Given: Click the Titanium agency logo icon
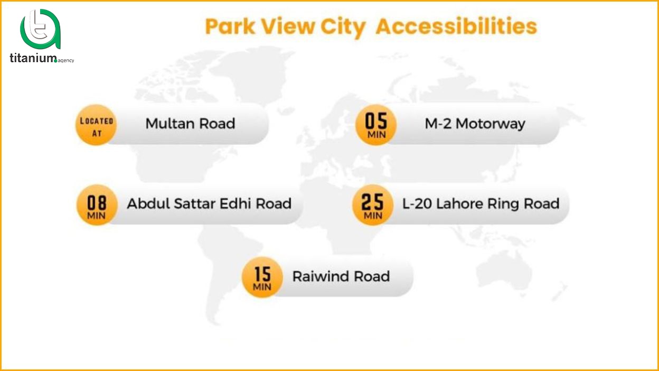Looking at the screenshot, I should tap(40, 30).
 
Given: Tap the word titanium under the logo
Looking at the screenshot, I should tap(33, 59).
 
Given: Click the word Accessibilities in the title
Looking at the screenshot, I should tap(456, 26).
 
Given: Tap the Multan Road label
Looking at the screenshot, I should tap(190, 124).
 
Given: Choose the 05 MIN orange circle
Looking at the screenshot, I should tap(376, 125).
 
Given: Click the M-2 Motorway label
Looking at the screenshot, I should tap(475, 124).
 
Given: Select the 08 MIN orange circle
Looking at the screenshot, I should tap(97, 205).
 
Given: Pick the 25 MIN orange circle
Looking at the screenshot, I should tap(373, 205).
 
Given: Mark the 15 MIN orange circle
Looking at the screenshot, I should tap(262, 277).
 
